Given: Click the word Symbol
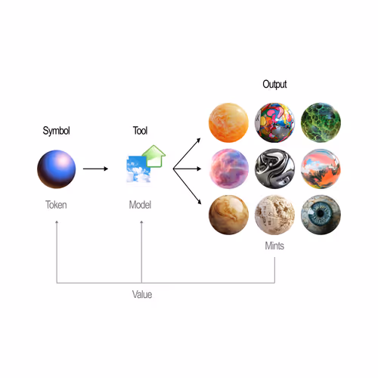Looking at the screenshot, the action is coord(56,131).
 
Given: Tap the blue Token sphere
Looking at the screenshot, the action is coord(57,169).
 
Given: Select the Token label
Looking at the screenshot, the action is coord(56,205).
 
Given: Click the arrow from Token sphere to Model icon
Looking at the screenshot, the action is coord(95,169).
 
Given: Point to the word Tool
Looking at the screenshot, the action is coord(140,131).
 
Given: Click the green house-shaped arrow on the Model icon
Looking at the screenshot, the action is coord(153,156).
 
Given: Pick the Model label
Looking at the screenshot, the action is coord(140,205).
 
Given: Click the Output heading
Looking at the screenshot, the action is coord(274,85).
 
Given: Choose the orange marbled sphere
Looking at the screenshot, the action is coord(228,122).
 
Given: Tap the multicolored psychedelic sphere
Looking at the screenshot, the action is coord(274,122).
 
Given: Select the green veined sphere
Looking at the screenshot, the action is coord(321,122).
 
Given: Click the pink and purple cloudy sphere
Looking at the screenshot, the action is coord(228,169).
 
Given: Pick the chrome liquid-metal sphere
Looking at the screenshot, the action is coord(274,169).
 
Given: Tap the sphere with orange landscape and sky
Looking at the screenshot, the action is coord(321,169).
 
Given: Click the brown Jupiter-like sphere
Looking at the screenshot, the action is coord(228,215).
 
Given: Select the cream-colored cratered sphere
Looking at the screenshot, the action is coord(274,215).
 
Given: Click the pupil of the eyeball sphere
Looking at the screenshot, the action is coord(321,213).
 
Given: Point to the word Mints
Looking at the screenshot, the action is coord(274,246).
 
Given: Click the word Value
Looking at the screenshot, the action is coord(142,294).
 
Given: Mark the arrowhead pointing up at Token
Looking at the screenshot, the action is coord(57,222).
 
